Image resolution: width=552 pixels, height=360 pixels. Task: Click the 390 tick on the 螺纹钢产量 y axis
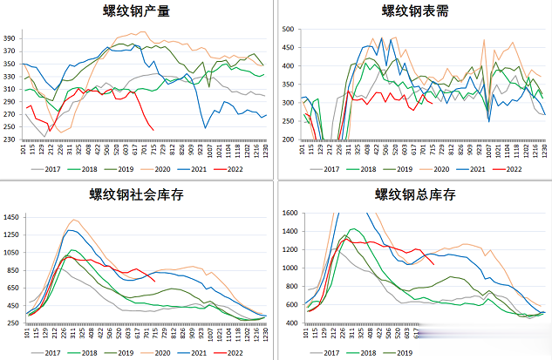(x=10, y=39)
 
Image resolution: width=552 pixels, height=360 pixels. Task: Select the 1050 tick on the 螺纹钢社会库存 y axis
(x=13, y=252)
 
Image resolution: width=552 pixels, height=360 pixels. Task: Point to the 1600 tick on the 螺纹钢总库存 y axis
(x=290, y=211)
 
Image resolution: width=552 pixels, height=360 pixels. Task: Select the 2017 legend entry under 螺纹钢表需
(x=330, y=169)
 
